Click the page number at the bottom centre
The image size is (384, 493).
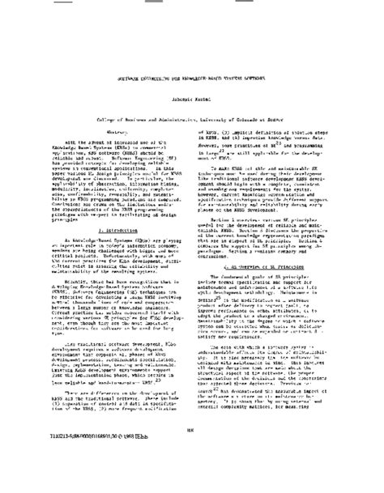192,453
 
